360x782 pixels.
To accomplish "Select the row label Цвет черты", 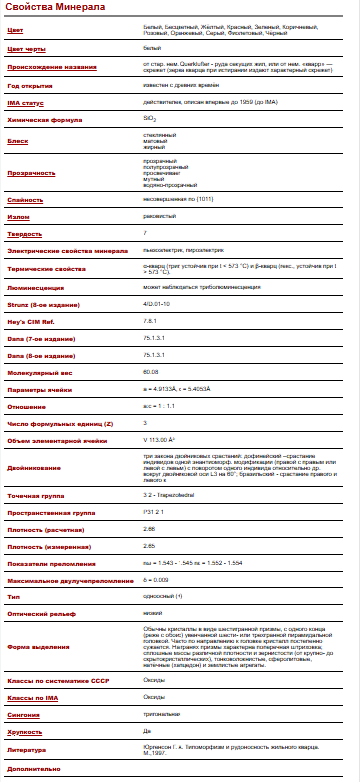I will (26, 47).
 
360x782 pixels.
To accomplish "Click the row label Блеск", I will (18, 141).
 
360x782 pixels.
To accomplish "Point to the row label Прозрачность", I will (31, 172).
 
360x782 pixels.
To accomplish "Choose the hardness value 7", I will (145, 233).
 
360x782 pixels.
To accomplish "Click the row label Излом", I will (19, 216).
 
